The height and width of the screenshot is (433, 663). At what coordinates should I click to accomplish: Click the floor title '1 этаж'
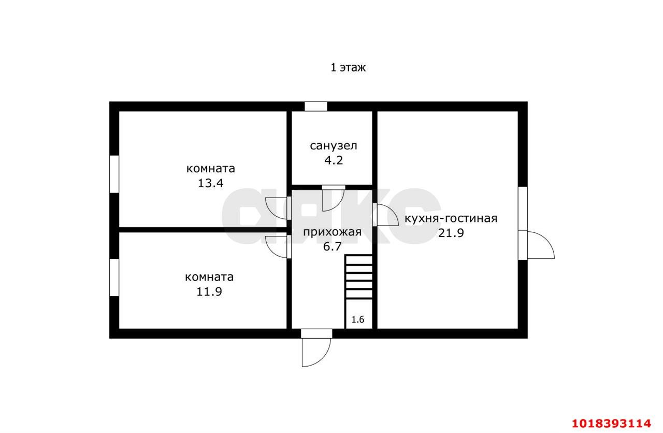click(348, 68)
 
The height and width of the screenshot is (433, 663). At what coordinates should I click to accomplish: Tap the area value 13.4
click(210, 183)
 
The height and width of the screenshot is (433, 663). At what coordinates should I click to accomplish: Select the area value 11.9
click(209, 291)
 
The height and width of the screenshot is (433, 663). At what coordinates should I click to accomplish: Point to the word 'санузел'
click(334, 146)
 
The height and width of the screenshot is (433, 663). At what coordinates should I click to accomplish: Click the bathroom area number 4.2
click(334, 160)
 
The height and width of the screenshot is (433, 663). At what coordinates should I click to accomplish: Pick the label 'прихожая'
click(332, 232)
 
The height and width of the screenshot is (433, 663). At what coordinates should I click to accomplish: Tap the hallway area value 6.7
click(332, 247)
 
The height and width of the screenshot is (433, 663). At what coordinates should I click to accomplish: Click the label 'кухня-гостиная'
click(451, 219)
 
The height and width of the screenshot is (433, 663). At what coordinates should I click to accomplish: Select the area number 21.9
click(451, 233)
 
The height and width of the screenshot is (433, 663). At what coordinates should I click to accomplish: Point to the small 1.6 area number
click(357, 319)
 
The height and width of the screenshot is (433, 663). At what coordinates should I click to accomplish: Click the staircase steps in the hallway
click(359, 277)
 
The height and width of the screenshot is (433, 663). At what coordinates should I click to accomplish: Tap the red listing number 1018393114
click(612, 423)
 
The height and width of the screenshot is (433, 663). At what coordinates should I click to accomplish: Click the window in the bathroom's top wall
click(316, 106)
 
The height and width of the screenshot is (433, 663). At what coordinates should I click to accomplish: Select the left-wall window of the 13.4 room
click(114, 174)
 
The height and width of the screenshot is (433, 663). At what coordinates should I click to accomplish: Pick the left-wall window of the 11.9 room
click(114, 277)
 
